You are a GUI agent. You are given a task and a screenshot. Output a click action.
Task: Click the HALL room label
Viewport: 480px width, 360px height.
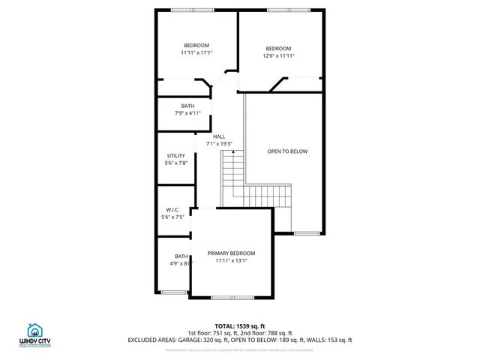219,136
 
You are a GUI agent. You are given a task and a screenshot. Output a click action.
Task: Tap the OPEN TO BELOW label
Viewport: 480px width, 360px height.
287,151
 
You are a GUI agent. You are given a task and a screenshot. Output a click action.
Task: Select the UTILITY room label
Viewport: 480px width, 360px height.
175,156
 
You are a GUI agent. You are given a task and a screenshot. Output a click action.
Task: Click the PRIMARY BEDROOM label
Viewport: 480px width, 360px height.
231,253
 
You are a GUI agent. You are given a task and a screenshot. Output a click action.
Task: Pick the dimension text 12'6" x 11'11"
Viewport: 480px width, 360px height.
278,55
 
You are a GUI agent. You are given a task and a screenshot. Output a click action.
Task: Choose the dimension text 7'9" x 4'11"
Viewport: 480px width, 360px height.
187,113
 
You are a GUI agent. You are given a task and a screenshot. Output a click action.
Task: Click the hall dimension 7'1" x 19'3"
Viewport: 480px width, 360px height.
219,144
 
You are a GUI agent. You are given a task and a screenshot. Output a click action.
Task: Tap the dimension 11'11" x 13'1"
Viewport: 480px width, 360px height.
231,261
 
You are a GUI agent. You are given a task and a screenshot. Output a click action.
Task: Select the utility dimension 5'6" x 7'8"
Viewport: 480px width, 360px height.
175,163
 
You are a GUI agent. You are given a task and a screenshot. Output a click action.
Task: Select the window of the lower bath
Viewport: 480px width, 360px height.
173,292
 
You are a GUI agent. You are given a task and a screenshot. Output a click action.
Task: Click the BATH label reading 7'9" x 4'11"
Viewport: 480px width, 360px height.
187,106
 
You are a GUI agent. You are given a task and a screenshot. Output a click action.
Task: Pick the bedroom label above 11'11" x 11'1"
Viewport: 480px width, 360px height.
196,45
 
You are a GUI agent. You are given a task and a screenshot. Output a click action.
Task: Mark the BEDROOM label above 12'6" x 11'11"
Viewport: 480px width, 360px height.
278,48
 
